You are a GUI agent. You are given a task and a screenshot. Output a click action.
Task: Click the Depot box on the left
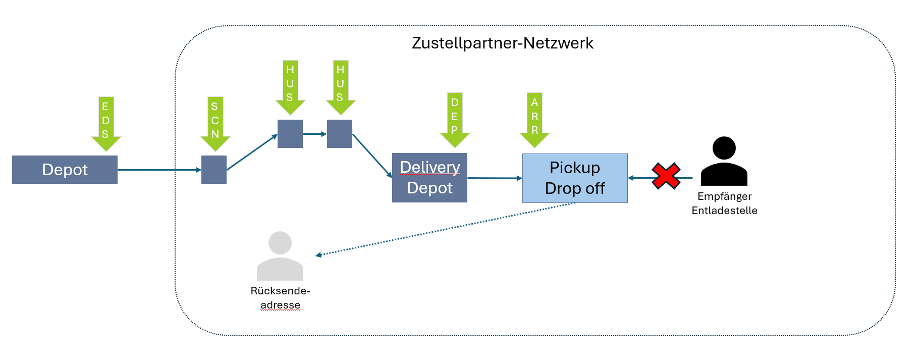click(x=65, y=170)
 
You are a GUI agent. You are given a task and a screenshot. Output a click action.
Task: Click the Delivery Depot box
click(x=429, y=178)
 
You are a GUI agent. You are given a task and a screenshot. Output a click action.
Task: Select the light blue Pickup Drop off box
click(x=575, y=178)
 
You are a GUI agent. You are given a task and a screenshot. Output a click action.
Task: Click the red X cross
click(x=666, y=176)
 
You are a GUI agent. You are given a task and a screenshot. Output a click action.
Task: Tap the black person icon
click(x=724, y=162)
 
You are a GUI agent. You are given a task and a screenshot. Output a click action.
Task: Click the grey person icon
click(x=280, y=256)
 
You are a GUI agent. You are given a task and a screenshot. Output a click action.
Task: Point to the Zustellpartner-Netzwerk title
click(x=502, y=43)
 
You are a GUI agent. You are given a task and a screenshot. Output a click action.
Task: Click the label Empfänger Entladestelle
click(x=724, y=203)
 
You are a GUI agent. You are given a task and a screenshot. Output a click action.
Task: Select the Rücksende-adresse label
click(x=280, y=298)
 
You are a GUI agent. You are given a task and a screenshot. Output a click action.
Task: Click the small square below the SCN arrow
click(x=214, y=170)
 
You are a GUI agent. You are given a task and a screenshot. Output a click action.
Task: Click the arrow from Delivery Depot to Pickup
click(x=495, y=178)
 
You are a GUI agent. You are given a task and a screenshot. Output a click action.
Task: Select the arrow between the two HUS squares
click(x=315, y=134)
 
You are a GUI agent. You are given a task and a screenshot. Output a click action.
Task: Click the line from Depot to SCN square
click(x=159, y=170)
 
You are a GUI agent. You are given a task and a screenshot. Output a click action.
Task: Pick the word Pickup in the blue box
click(x=575, y=168)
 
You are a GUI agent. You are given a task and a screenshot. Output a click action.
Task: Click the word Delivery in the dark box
click(x=429, y=167)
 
